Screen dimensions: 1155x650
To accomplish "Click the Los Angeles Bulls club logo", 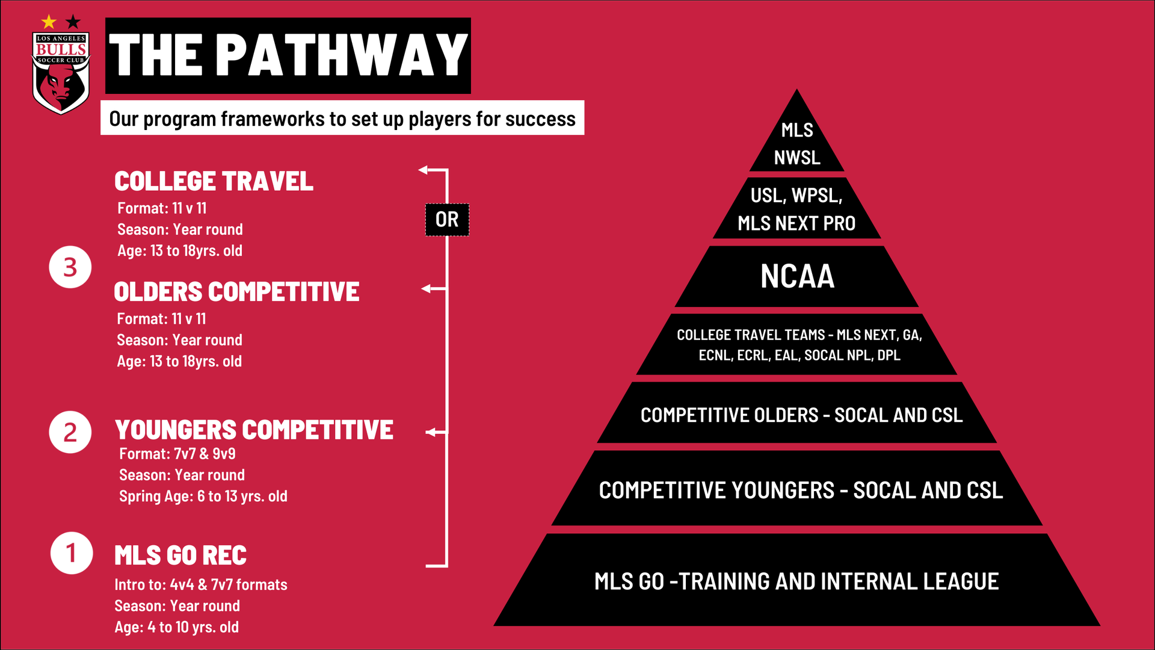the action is pos(61,73).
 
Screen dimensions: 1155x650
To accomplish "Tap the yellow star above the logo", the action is pos(49,22).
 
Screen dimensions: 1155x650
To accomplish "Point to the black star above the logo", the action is pos(73,22).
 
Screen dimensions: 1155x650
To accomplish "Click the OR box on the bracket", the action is pos(447,220).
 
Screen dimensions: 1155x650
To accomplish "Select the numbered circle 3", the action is pos(70,267).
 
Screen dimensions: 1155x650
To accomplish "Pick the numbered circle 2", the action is pos(70,432).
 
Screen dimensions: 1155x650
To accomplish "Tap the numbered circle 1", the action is pos(72,553).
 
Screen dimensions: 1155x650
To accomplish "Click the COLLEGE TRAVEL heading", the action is pos(214,181).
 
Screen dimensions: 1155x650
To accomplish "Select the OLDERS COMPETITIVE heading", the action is pos(236,292).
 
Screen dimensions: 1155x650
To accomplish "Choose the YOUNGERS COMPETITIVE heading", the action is pos(254,430).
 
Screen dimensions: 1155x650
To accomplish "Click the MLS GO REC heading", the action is pos(180,556).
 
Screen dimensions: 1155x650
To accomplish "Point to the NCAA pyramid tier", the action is pos(796,276).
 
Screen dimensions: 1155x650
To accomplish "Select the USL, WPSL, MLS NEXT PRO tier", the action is pos(796,208).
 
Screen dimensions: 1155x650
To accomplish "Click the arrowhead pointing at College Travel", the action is pos(423,170).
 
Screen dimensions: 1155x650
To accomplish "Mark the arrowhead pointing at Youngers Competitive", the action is pos(430,432).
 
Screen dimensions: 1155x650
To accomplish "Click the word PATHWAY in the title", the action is pos(342,55).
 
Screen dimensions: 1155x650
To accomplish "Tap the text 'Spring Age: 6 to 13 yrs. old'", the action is pos(203,497).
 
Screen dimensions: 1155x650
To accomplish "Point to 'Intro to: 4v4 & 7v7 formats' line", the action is pos(201,585).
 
